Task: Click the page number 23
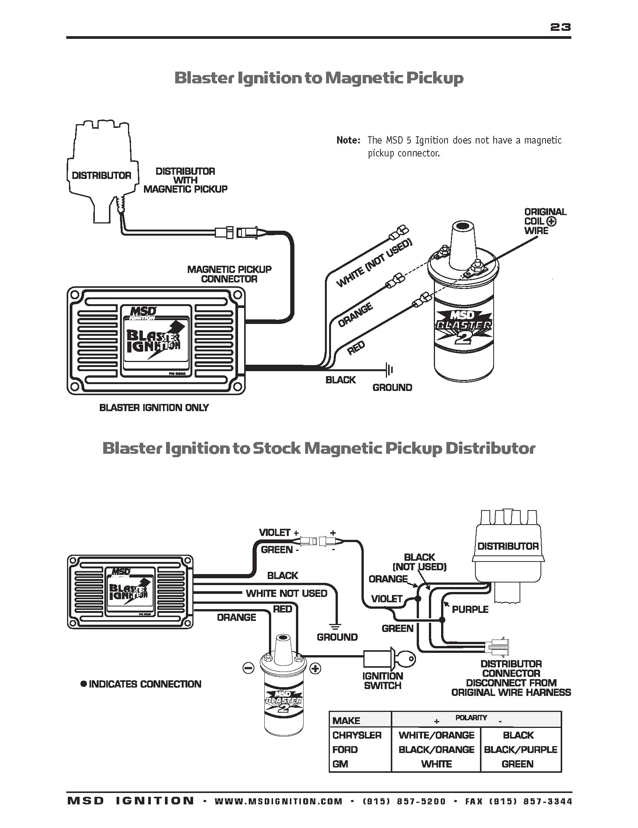tap(560, 27)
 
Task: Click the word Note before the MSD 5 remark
tap(348, 140)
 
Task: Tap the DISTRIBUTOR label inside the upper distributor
tap(101, 175)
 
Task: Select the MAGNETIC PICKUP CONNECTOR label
tap(229, 274)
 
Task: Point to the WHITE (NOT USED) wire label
tap(374, 263)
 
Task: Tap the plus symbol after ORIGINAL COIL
tap(551, 222)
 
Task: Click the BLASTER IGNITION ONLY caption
tap(154, 408)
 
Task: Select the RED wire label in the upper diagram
tap(357, 348)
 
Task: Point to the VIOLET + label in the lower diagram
tap(279, 533)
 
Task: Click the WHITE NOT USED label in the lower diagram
tap(286, 593)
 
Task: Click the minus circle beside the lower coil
tap(248, 668)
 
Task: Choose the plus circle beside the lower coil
tap(315, 668)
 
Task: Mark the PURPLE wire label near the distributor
tap(470, 609)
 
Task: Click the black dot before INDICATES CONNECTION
tap(84, 684)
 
